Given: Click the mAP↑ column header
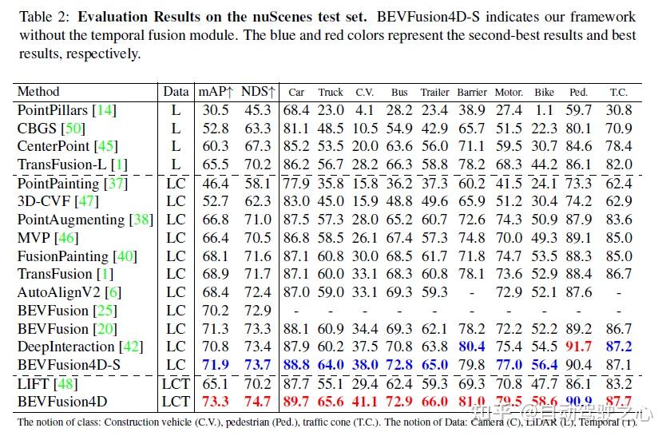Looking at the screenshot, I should click(x=216, y=92).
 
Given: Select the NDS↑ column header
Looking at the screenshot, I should click(x=258, y=92).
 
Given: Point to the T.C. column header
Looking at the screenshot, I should click(x=618, y=93).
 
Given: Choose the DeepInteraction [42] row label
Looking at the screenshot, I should click(x=77, y=347).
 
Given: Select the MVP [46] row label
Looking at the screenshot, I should click(x=46, y=237).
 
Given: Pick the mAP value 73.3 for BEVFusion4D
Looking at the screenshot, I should click(x=216, y=401).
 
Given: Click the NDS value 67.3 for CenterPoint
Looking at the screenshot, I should click(x=258, y=146).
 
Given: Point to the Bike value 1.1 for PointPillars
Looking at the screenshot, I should click(x=545, y=110).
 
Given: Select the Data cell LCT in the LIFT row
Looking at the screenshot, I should click(x=176, y=383).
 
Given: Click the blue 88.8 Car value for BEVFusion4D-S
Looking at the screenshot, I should click(x=296, y=365).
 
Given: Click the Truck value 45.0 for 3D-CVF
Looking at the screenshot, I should click(x=331, y=201).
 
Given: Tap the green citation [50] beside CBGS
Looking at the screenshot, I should click(x=73, y=129).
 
